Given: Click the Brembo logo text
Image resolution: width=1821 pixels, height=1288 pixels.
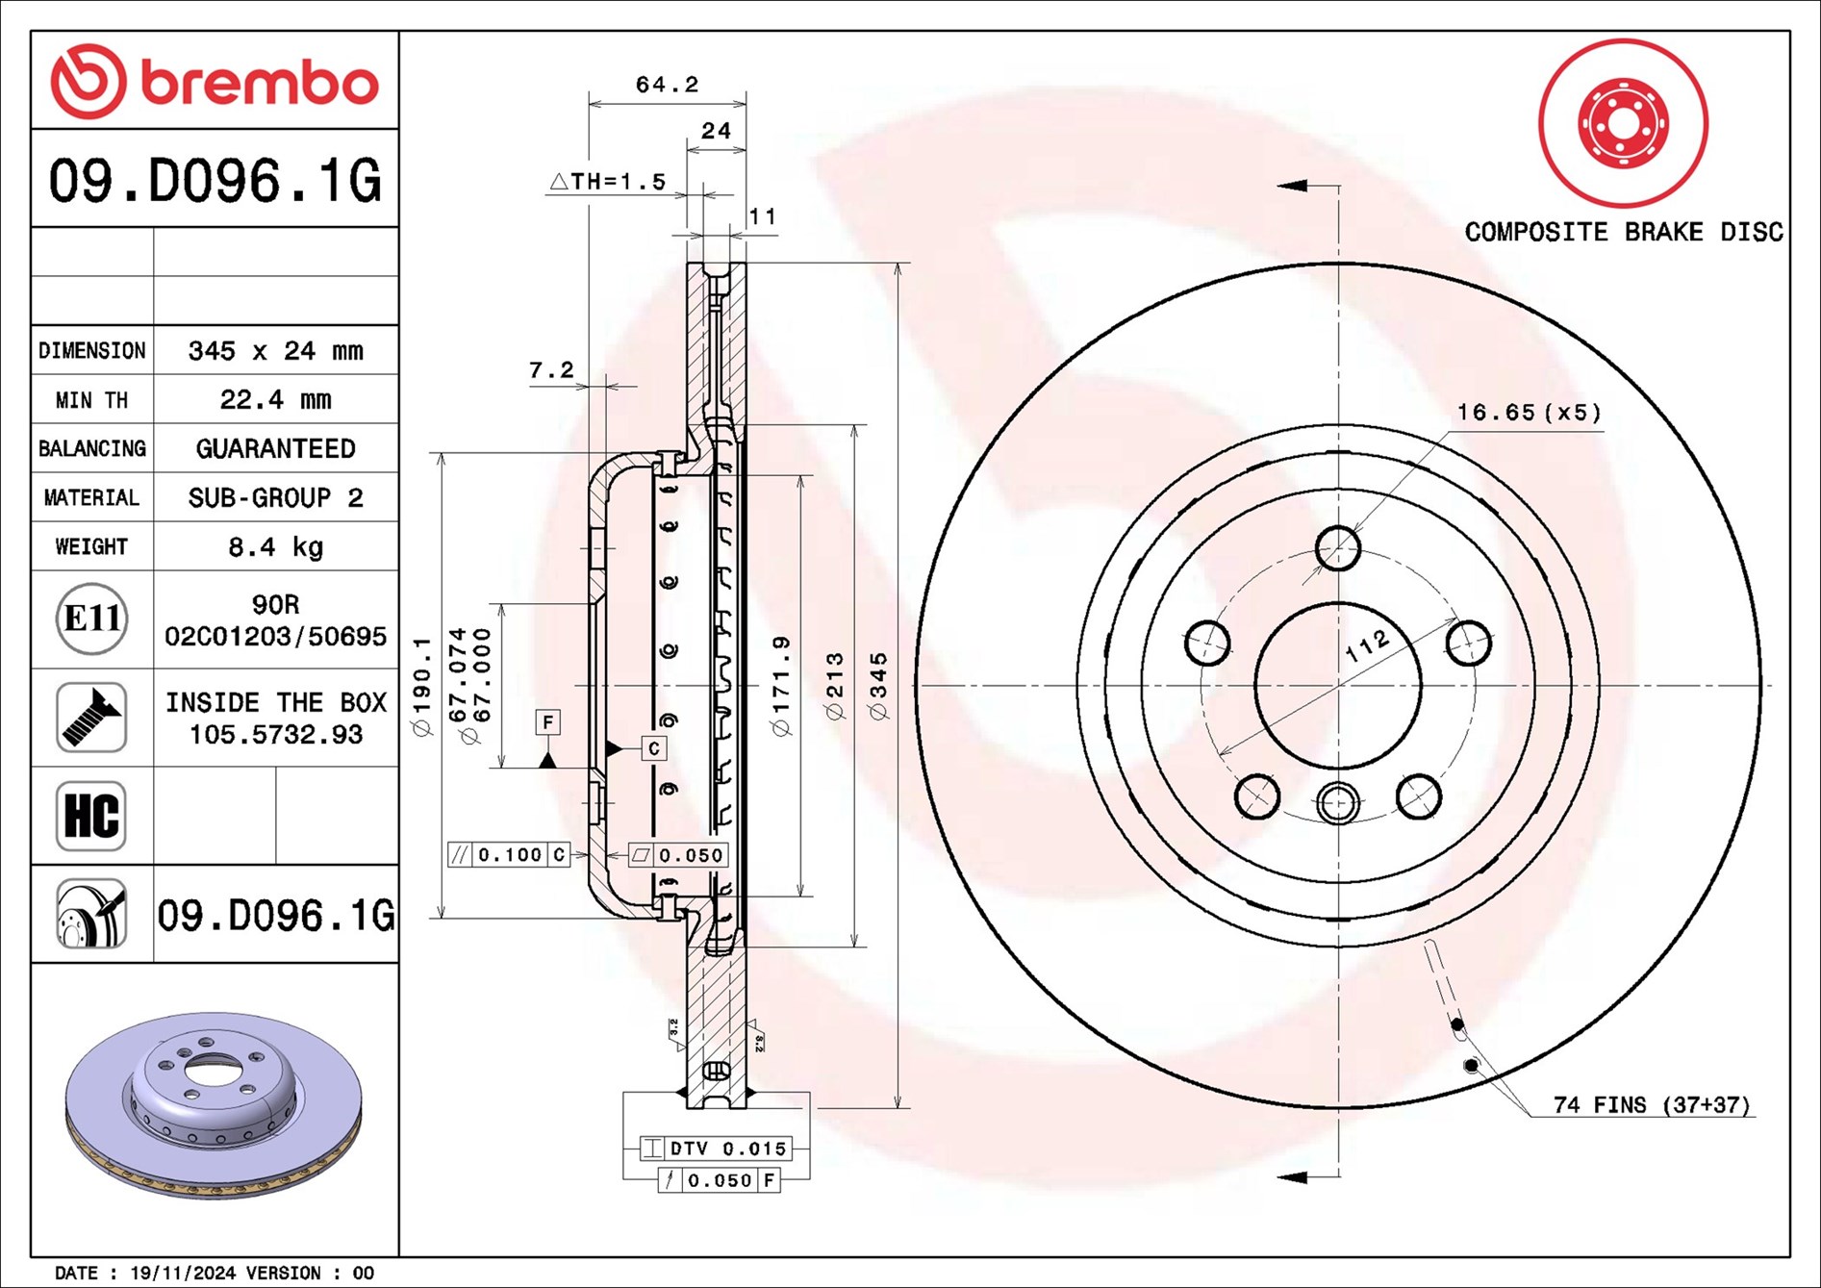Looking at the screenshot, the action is click(260, 84).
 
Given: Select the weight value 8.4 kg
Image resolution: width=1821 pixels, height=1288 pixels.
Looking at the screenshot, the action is click(275, 547).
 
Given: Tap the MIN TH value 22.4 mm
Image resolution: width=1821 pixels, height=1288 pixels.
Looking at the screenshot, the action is click(275, 399).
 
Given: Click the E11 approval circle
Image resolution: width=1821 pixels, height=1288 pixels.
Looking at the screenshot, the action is click(91, 619).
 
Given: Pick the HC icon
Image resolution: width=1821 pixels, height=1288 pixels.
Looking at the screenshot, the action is click(91, 816).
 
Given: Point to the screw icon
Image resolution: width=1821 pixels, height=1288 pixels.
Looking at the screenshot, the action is click(91, 718).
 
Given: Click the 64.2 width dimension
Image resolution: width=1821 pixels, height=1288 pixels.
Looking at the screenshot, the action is click(667, 85).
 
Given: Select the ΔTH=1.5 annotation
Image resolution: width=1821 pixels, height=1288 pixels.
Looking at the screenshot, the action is click(608, 181).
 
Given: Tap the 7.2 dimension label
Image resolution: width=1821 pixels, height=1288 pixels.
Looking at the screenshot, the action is click(551, 369).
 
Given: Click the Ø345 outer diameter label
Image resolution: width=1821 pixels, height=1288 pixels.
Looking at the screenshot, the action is click(878, 686).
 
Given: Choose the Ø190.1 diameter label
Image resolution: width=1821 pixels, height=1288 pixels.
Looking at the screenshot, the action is click(421, 686).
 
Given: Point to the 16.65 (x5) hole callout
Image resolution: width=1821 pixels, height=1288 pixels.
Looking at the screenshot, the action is click(1529, 413).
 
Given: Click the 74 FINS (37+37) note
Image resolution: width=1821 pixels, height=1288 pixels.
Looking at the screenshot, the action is click(1651, 1104).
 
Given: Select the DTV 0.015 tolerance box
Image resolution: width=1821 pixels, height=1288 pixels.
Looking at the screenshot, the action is click(717, 1148).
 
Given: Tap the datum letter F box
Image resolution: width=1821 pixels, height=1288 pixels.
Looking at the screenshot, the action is click(547, 721).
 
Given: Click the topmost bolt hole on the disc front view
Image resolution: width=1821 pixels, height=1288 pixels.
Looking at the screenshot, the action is click(1337, 549).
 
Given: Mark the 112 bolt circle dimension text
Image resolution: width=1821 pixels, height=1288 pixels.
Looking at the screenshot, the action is click(1367, 645).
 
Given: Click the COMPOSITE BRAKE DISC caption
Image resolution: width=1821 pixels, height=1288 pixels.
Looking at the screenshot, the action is click(1623, 232).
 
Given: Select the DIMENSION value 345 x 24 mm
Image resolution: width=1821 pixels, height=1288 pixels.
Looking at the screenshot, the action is click(275, 350).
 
